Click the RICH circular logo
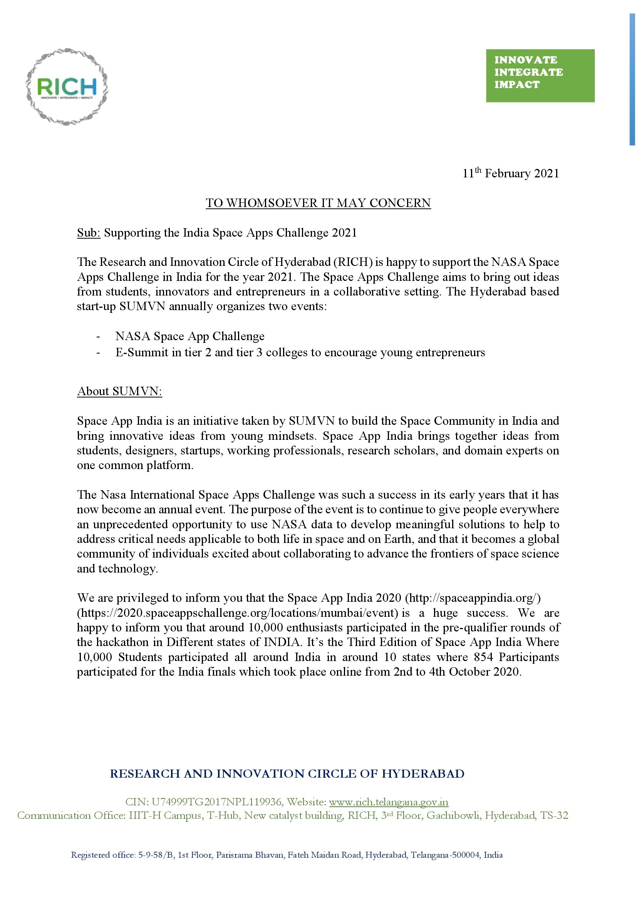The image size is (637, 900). tap(67, 87)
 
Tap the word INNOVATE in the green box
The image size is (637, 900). tap(526, 60)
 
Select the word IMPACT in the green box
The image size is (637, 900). tap(517, 85)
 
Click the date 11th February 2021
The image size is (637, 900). tap(511, 173)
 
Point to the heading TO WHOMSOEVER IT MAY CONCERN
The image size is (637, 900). tap(318, 203)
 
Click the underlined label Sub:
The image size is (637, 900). tap(89, 233)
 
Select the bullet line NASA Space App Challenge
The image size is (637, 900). tap(190, 336)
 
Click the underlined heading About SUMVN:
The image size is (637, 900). tap(120, 391)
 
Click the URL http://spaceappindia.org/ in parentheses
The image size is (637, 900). tap(472, 598)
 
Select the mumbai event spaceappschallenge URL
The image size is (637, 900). tap(239, 613)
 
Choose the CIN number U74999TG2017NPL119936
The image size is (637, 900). tap(216, 802)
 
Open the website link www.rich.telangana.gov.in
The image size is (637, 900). tap(388, 802)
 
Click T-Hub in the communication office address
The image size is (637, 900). tap(223, 815)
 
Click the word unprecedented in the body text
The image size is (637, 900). tap(131, 524)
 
